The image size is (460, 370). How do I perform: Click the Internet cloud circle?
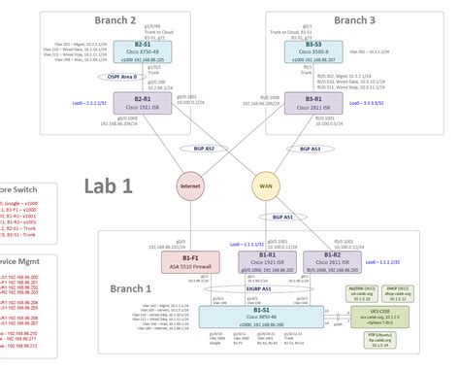(x=190, y=186)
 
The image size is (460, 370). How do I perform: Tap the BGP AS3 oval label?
(x=312, y=149)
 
